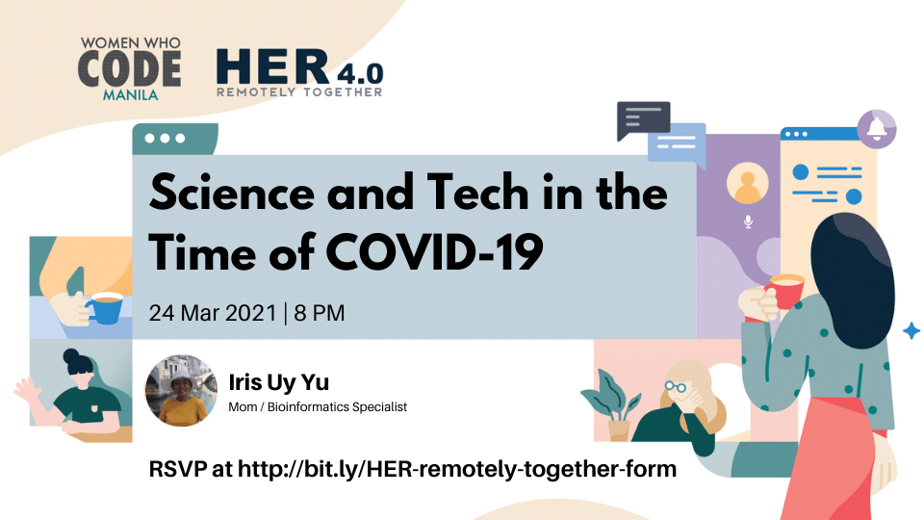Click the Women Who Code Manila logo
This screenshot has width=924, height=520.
pyautogui.click(x=130, y=68)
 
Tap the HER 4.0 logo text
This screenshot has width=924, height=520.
pyautogui.click(x=300, y=72)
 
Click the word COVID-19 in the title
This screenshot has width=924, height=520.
pyautogui.click(x=434, y=252)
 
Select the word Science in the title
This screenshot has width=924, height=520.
pyautogui.click(x=232, y=193)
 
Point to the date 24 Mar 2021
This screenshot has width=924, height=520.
pyautogui.click(x=213, y=313)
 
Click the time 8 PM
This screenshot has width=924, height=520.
pyautogui.click(x=320, y=313)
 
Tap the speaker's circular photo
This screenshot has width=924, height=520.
pyautogui.click(x=181, y=390)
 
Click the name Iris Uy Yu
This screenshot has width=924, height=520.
pyautogui.click(x=279, y=382)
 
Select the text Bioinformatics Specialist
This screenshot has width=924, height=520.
pyautogui.click(x=337, y=406)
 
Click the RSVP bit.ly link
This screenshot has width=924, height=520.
pyautogui.click(x=456, y=469)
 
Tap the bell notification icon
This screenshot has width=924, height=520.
pyautogui.click(x=876, y=128)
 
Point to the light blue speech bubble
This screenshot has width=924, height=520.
pyautogui.click(x=678, y=144)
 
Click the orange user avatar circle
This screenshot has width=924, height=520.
pyautogui.click(x=747, y=183)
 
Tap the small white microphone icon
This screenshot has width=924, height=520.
pyautogui.click(x=748, y=221)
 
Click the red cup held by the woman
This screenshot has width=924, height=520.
pyautogui.click(x=786, y=291)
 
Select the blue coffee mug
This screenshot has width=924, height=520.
pyautogui.click(x=105, y=308)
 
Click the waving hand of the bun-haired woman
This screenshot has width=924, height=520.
pyautogui.click(x=27, y=392)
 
